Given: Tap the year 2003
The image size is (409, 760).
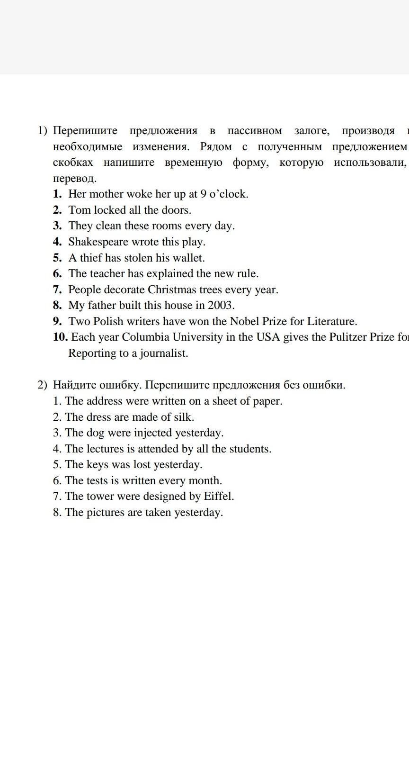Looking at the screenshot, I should click(221, 305).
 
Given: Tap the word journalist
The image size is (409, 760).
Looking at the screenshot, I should click(164, 353).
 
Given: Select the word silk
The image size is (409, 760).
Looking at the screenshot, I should click(184, 417).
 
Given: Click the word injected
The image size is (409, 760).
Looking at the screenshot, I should click(153, 433).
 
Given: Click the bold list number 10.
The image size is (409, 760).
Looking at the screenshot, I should click(61, 337).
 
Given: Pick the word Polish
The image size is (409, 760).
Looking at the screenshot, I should click(108, 321).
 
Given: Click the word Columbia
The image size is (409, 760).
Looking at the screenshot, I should click(145, 337).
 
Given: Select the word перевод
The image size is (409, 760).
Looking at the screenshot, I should click(74, 179).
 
